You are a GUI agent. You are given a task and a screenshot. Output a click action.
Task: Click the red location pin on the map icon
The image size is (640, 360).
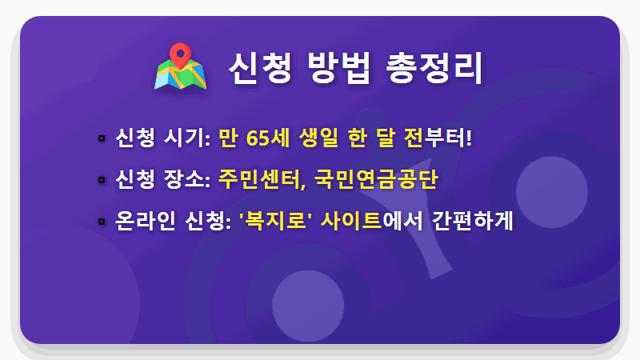[183, 56]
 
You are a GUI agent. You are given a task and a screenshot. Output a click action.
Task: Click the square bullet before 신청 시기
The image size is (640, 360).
[102, 138]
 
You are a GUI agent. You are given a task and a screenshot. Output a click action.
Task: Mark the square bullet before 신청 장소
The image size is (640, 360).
[102, 179]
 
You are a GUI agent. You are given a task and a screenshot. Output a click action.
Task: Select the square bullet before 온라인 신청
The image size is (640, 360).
[102, 220]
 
